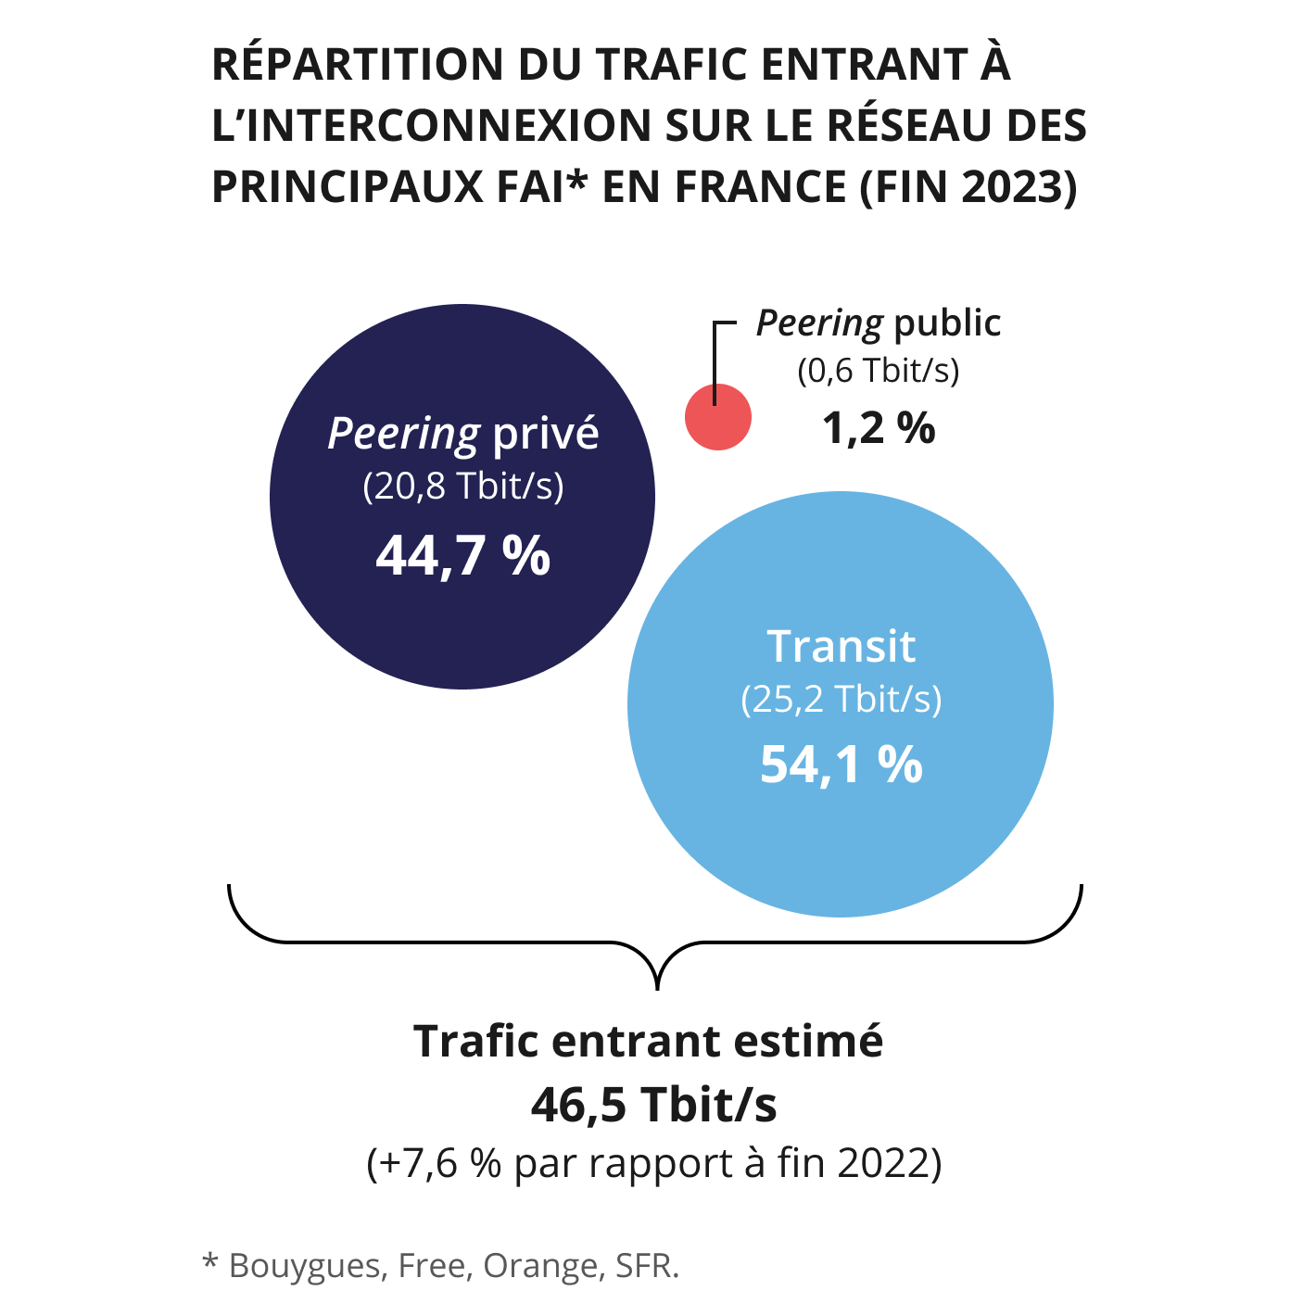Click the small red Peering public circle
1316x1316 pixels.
pos(718,418)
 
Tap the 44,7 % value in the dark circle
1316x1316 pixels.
pos(463,556)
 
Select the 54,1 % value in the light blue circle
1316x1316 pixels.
pos(841,766)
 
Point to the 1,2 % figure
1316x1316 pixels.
pos(879,428)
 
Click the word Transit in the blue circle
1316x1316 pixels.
pos(841,646)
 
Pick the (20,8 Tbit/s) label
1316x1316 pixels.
pos(463,487)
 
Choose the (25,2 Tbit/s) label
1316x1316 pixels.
pos(841,699)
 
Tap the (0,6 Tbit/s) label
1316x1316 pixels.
pos(879,371)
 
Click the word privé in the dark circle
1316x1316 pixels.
pos(546,434)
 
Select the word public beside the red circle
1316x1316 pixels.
pos(947,323)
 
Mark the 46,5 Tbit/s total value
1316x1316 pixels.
pos(654,1104)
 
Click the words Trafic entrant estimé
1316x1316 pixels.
pos(649,1041)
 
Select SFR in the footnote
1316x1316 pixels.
pos(646,1265)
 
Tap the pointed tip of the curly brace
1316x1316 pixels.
pos(657,988)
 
